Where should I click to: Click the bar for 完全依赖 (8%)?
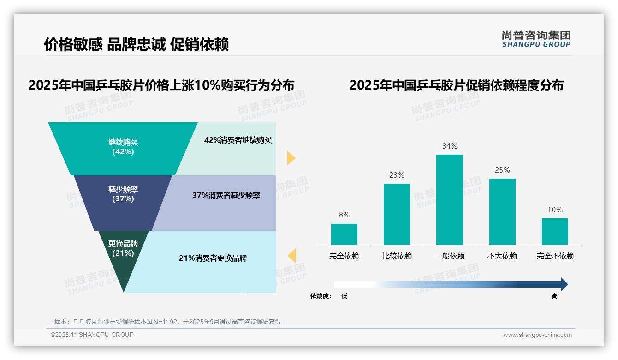344,234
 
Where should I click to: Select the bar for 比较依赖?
397,214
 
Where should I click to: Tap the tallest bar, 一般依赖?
450,199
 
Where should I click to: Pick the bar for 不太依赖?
502,211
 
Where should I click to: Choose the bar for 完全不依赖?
555,231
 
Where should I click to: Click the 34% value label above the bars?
450,146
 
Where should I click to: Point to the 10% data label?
555,210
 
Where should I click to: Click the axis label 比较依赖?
397,256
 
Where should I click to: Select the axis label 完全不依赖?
555,256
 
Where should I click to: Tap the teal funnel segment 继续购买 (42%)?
123,148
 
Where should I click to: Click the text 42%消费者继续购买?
238,140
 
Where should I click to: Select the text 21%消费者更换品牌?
213,258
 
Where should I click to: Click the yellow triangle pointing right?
291,158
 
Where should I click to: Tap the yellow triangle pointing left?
291,255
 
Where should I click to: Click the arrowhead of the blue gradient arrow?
564,284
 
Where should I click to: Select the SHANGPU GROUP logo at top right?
536,39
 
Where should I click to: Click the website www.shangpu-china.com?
537,335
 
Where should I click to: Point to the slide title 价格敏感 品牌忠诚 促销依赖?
136,45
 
